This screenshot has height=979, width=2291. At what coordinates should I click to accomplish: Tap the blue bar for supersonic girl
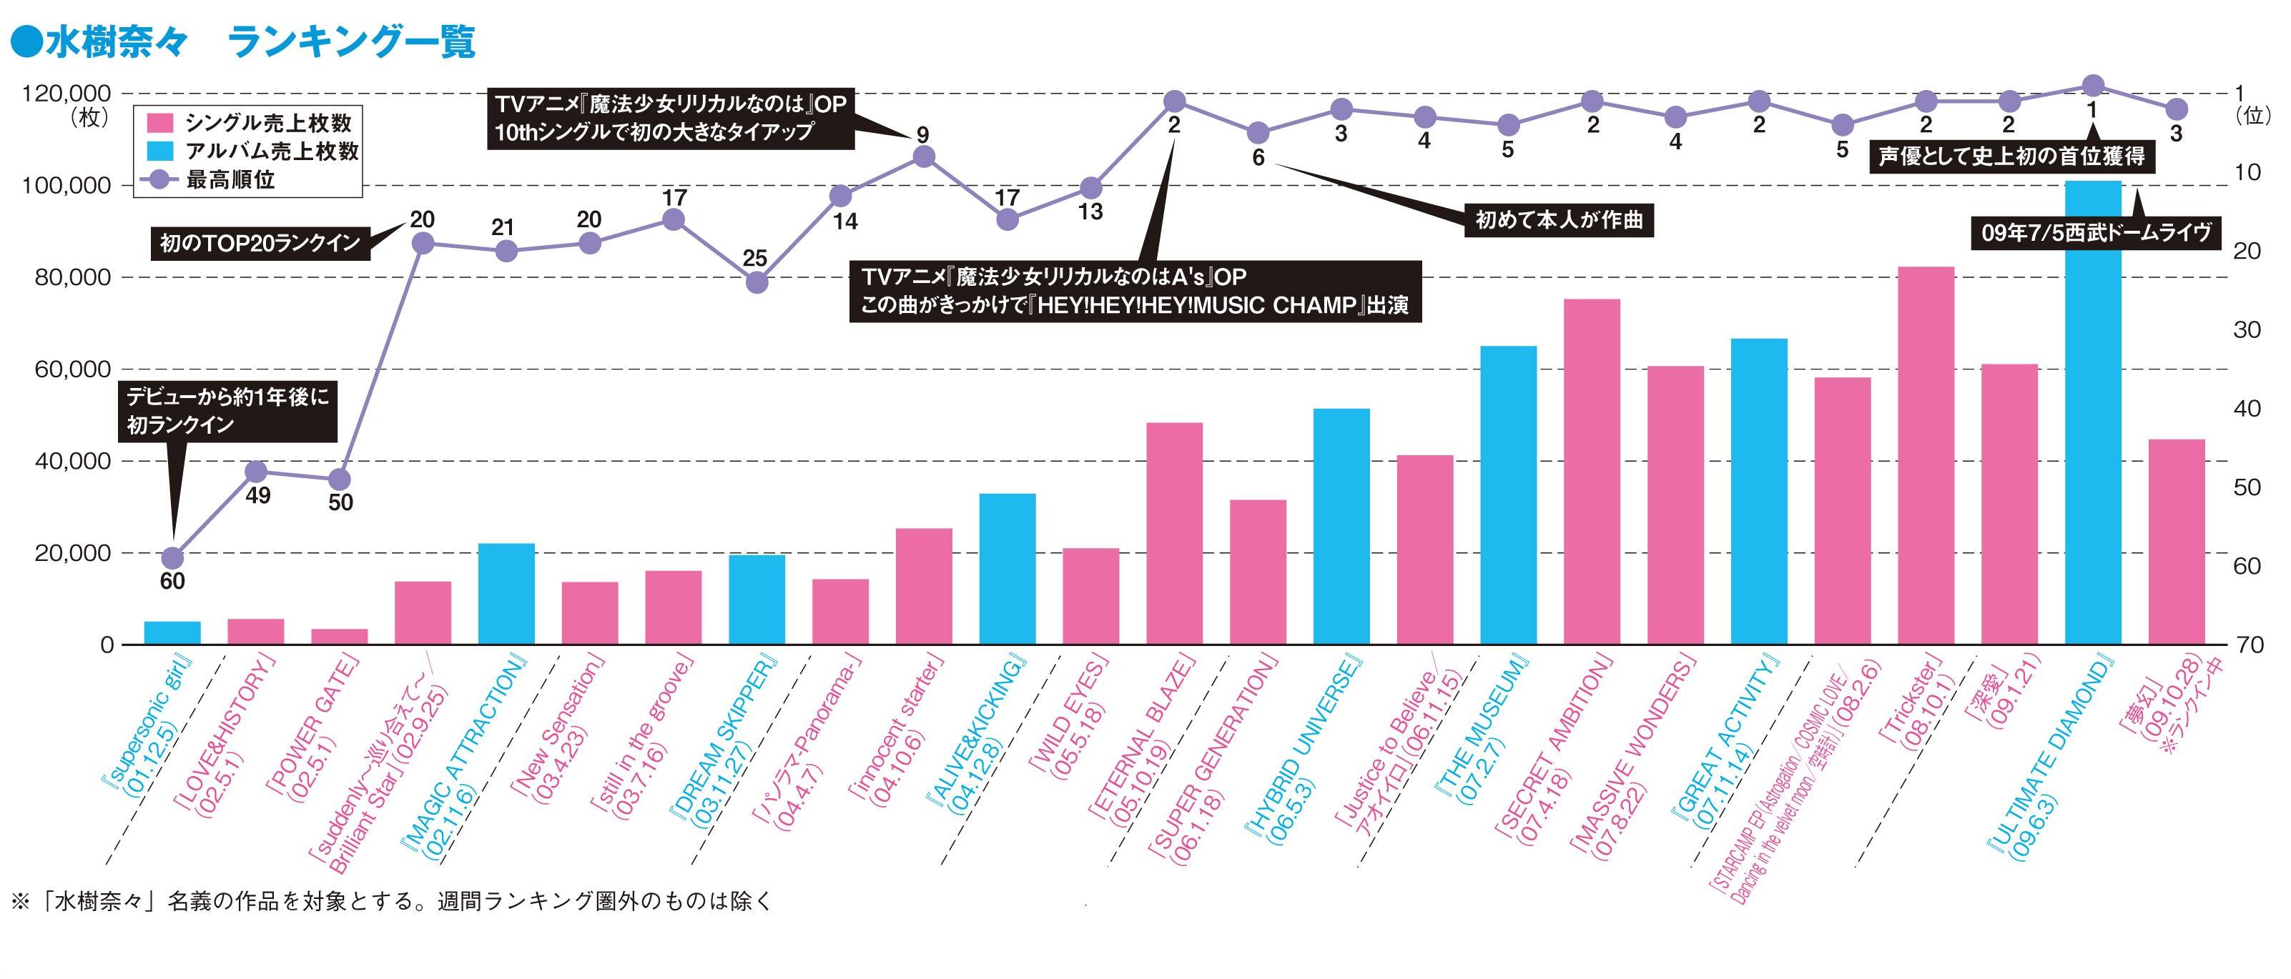172,633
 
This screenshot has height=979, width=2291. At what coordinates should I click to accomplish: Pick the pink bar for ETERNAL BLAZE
1174,534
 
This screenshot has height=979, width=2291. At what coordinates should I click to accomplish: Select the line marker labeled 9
924,156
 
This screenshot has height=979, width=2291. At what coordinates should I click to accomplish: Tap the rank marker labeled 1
2093,85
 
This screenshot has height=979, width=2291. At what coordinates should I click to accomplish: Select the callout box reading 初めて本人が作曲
1558,219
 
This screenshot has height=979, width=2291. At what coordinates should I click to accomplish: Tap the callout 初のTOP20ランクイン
260,243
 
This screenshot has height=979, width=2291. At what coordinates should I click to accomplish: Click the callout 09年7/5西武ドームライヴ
2095,233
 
